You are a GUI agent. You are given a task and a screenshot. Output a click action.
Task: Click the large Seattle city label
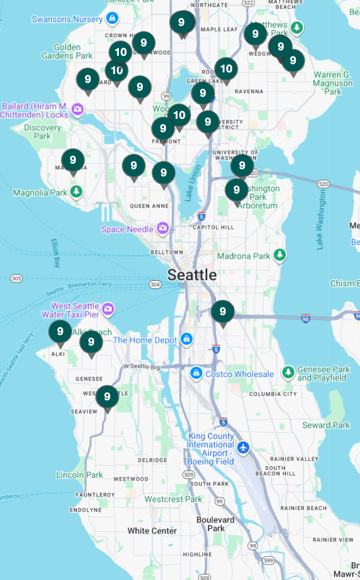point(192,274)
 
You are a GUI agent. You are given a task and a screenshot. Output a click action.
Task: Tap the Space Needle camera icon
point(163,228)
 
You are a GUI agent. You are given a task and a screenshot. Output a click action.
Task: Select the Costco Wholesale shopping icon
point(195,374)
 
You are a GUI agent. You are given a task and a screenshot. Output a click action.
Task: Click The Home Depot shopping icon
point(187,339)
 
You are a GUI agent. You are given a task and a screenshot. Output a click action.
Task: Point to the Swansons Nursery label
point(67,19)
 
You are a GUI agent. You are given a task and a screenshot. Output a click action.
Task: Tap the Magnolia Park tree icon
point(76,192)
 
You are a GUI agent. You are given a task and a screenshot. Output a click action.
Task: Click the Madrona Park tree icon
point(281,255)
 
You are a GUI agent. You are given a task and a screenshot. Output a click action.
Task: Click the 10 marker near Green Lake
point(226,69)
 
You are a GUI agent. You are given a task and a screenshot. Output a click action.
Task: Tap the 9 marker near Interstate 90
point(223,312)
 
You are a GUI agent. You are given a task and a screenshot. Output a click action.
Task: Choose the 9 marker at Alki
point(60,332)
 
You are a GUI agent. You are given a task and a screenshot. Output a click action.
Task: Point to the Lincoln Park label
point(80,475)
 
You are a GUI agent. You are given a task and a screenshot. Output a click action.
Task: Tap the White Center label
point(152,531)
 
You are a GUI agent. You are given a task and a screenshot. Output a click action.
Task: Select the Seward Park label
point(326,425)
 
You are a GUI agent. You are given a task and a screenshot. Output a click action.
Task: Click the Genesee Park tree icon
point(288,370)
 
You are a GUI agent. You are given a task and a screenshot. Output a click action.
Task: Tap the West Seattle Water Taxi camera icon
point(108,308)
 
